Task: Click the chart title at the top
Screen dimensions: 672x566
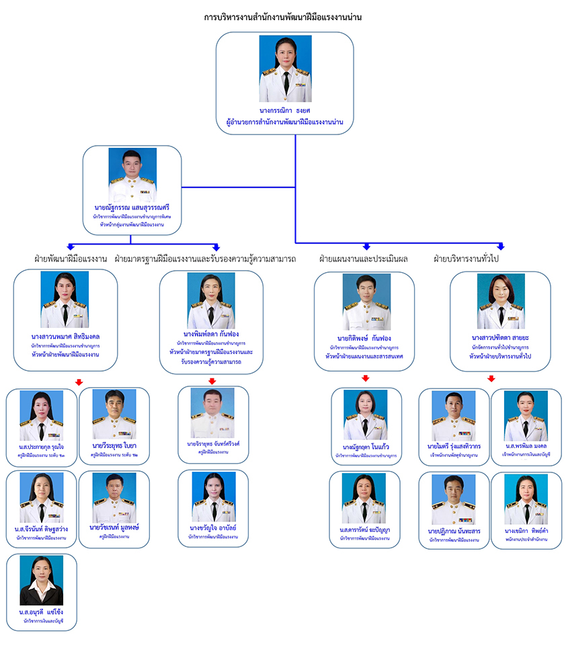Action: [283, 17]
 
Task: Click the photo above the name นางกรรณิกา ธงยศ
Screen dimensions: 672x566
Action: [285, 69]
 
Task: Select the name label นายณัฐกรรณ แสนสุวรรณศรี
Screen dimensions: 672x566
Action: [132, 208]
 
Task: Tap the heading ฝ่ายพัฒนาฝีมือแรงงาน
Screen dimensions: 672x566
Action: [71, 259]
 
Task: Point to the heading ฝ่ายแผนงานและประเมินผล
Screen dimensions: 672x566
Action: [363, 259]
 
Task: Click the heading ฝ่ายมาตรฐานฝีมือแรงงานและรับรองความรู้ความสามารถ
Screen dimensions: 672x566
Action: [205, 259]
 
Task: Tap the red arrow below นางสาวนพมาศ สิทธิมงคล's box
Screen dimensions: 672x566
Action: [79, 382]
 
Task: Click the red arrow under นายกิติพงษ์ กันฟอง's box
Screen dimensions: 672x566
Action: [366, 378]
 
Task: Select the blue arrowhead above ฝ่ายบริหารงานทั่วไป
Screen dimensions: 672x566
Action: [501, 247]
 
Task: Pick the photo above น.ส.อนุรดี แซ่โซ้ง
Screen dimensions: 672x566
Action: [42, 580]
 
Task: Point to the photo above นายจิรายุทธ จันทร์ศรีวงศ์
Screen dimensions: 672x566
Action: [212, 413]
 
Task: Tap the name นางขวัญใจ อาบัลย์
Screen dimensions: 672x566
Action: [213, 528]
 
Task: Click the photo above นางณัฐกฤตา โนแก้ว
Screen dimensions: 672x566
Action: [366, 415]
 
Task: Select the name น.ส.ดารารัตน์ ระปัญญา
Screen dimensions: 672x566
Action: [365, 530]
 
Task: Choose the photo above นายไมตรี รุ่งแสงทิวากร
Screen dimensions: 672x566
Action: [454, 415]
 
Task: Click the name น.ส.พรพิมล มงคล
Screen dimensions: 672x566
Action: [526, 446]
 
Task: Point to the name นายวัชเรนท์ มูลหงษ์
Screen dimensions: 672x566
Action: [114, 528]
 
